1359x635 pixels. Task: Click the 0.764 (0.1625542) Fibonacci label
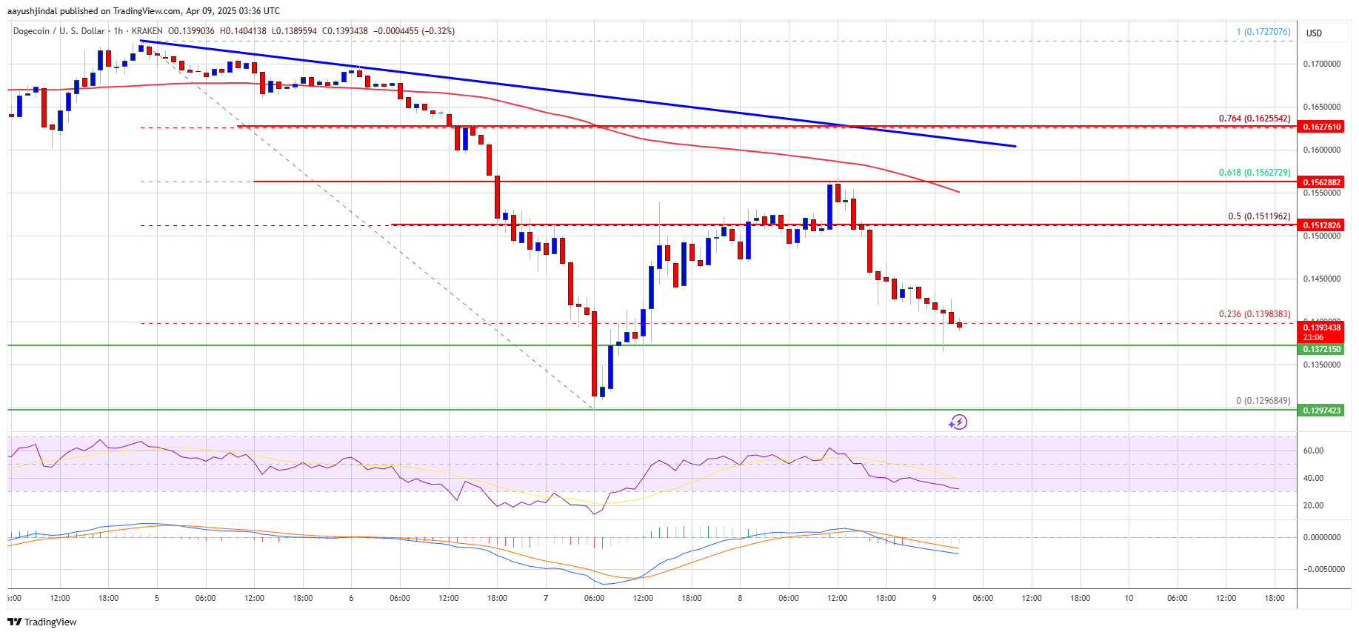1254,119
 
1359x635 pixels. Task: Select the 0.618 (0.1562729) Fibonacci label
1254,173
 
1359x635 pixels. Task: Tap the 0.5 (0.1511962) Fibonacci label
1259,216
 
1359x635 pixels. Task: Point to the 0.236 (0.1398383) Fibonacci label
1254,314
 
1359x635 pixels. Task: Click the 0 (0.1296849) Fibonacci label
1263,401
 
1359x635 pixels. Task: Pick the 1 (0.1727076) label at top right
1263,32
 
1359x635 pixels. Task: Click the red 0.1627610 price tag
1322,127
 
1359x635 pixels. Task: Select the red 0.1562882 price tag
1322,182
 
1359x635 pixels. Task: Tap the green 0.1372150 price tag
1322,349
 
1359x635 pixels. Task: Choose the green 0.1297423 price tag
1322,410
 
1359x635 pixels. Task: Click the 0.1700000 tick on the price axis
1322,64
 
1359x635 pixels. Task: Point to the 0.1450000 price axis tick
1322,279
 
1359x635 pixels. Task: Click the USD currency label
1314,33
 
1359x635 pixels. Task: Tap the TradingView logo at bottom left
42,622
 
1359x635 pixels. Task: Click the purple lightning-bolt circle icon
958,422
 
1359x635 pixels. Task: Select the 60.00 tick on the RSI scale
1313,451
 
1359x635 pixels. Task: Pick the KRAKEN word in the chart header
147,31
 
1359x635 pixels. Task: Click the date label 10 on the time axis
1129,598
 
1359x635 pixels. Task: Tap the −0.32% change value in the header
438,31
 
